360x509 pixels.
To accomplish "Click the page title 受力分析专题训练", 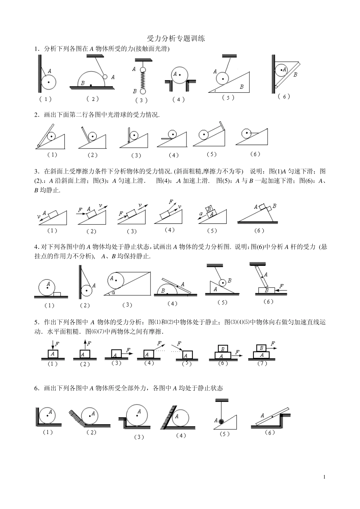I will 176,39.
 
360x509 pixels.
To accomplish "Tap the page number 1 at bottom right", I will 325,477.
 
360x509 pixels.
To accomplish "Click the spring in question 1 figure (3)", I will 142,80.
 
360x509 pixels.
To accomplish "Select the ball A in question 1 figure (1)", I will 49,82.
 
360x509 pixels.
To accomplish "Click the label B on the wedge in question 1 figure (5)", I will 241,87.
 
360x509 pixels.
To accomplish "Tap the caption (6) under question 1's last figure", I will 284,97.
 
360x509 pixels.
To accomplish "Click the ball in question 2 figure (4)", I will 173,134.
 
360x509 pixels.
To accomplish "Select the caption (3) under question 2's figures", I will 136,155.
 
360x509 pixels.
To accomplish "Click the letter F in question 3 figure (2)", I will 80,210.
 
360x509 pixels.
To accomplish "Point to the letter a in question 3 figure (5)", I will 201,214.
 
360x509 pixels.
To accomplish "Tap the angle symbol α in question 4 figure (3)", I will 113,292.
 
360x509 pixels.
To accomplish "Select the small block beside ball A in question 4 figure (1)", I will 57,294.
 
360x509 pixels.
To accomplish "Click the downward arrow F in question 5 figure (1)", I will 53,345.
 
